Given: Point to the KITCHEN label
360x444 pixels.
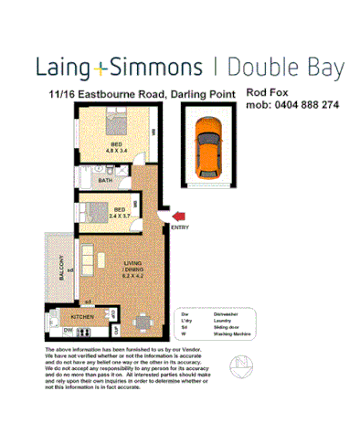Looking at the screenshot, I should tap(83, 315).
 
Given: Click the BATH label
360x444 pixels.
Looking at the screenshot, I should tap(105, 181).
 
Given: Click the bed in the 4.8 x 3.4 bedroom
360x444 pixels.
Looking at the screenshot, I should tap(90, 143).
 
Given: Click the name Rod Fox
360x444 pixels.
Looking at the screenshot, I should tap(264, 92).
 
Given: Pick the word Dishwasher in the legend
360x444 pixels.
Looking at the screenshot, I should tap(228, 312).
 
